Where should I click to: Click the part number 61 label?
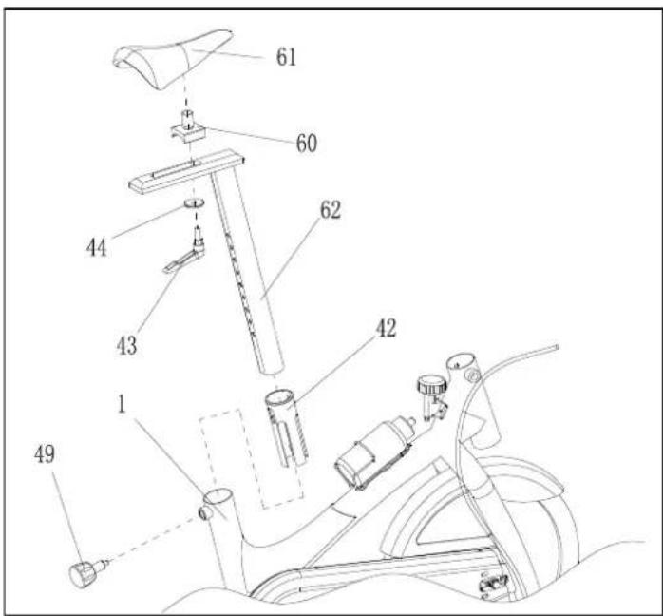point(286,57)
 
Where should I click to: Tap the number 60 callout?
point(307,143)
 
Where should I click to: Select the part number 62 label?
point(331,209)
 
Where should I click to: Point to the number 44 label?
point(96,247)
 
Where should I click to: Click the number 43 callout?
point(127,345)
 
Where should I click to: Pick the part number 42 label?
point(386,328)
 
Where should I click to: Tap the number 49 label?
point(45,454)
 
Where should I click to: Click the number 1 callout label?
point(122,404)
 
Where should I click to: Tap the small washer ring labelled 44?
point(194,202)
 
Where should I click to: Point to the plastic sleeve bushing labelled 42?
point(286,428)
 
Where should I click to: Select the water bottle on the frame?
point(374,452)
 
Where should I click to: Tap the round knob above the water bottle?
point(432,386)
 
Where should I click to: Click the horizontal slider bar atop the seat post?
point(186,171)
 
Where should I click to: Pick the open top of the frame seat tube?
point(218,495)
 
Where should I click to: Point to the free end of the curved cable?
point(558,347)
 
